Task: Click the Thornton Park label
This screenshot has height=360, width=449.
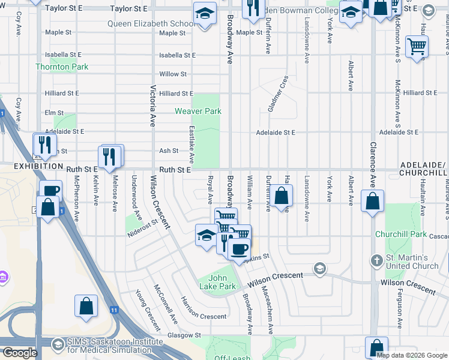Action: [62, 67]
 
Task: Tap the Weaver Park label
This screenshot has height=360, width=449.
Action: [198, 111]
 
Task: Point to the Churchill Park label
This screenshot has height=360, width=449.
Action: [400, 234]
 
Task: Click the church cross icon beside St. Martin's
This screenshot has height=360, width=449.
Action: [376, 261]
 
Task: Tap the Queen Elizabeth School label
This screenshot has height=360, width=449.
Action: [151, 24]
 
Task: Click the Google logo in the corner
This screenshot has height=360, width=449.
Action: [19, 353]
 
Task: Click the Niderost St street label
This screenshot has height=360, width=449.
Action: [142, 228]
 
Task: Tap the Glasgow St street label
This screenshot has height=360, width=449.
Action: [184, 335]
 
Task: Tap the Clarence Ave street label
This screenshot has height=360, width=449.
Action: [373, 162]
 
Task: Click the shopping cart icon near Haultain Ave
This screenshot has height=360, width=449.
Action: [417, 46]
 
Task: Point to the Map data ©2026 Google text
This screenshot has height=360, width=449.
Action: [412, 355]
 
